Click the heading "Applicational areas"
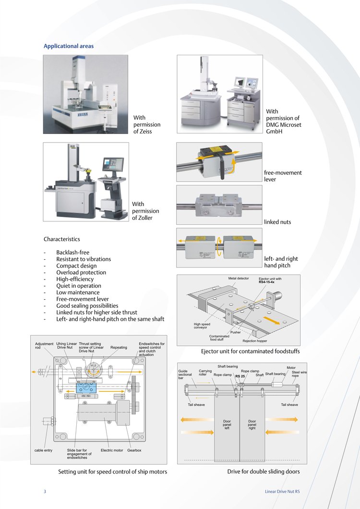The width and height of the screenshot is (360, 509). tap(69, 46)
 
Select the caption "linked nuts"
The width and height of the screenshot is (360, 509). tap(277, 222)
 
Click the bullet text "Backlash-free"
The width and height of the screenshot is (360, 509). tap(72, 252)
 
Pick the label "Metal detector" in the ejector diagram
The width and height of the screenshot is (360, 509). tap(238, 279)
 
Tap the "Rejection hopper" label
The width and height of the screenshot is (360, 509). tap(255, 341)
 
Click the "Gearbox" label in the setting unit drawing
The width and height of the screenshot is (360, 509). tap(134, 450)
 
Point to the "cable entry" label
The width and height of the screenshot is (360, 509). tap(43, 450)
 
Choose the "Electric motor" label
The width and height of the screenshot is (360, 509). tap(112, 450)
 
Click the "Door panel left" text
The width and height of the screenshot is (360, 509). tap(227, 425)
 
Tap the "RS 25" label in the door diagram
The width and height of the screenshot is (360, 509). tap(240, 376)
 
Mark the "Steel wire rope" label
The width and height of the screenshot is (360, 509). tap(299, 374)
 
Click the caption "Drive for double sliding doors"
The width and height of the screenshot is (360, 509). tap(264, 472)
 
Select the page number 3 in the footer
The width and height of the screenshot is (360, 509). tap(45, 491)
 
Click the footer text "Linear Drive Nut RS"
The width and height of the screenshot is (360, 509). tap(282, 491)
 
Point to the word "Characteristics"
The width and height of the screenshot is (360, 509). tap(62, 239)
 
